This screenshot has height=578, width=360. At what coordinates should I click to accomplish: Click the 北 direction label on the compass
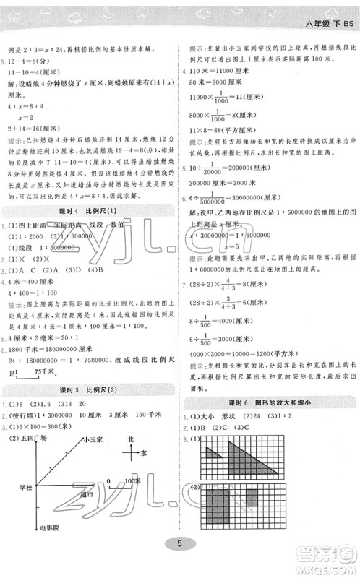click(129, 439)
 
